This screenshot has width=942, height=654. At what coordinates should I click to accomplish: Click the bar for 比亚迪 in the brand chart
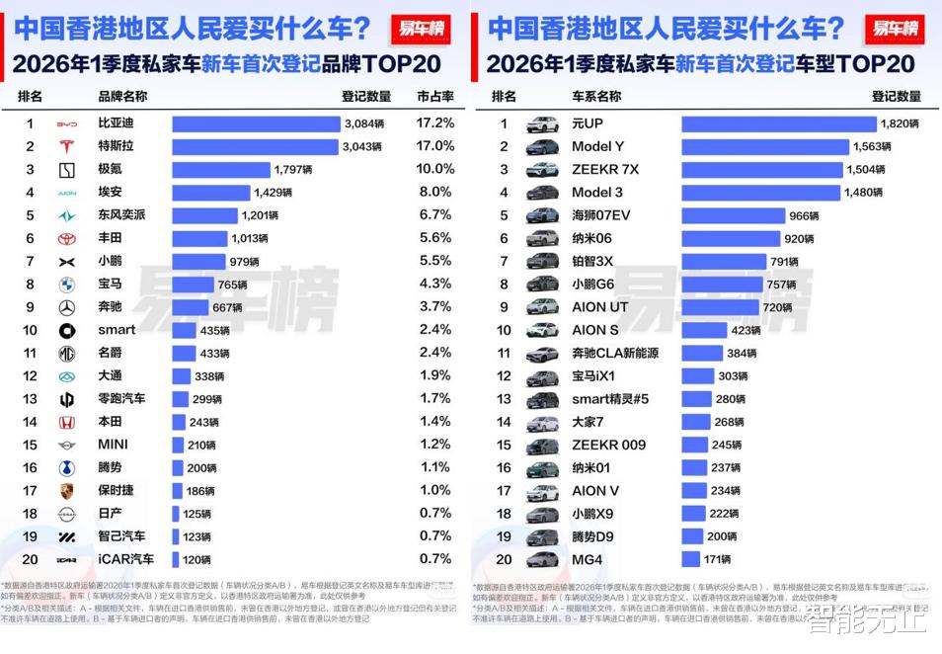pyautogui.click(x=256, y=123)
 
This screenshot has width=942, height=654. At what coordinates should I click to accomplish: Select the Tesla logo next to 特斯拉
pyautogui.click(x=66, y=146)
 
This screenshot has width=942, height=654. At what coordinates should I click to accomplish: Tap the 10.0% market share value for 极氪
pyautogui.click(x=434, y=169)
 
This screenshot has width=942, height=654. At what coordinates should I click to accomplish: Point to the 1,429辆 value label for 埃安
pyautogui.click(x=273, y=193)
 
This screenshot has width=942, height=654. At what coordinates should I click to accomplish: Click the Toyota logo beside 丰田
pyautogui.click(x=66, y=238)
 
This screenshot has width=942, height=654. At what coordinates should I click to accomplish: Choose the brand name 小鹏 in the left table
pyautogui.click(x=111, y=261)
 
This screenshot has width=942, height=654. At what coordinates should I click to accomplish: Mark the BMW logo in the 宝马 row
pyautogui.click(x=66, y=285)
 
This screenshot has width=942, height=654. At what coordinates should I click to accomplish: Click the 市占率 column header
pyautogui.click(x=434, y=96)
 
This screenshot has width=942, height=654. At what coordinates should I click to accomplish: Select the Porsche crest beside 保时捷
pyautogui.click(x=66, y=491)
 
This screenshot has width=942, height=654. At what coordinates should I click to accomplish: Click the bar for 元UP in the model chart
pyautogui.click(x=778, y=123)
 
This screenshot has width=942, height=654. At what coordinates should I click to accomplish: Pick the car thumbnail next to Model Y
pyautogui.click(x=542, y=146)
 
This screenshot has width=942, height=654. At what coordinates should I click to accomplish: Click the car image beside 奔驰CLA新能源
pyautogui.click(x=542, y=353)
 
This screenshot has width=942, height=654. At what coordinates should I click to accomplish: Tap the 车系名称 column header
pyautogui.click(x=596, y=96)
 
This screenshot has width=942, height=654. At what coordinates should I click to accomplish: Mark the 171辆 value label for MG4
pyautogui.click(x=718, y=560)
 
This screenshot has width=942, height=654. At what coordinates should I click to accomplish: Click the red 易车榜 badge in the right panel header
pyautogui.click(x=893, y=28)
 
